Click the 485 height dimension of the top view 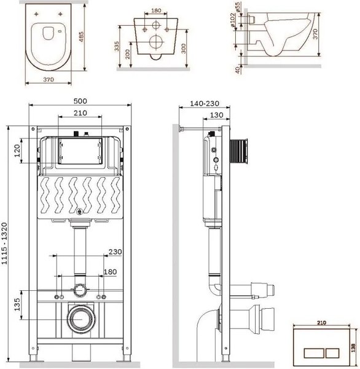point(81,37)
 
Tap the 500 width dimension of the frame point(80,101)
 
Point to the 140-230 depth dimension point(205,103)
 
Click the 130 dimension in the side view point(217,115)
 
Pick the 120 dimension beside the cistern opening point(17,151)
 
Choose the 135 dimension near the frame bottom point(17,304)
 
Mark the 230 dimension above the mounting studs point(115,252)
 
